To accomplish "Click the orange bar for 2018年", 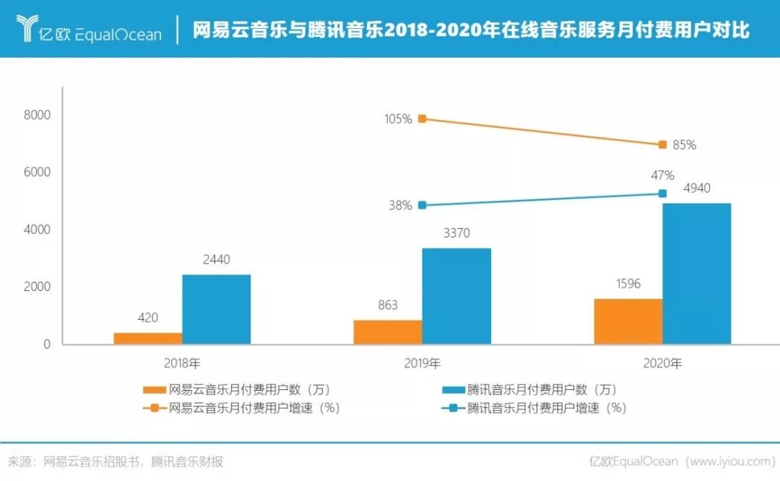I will tap(148, 338).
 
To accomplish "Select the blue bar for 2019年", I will tap(456, 296).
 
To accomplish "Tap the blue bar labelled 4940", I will tap(696, 274).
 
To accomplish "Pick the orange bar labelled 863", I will tap(388, 332).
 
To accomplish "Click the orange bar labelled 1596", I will tap(628, 321).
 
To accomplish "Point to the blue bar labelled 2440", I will tap(216, 309).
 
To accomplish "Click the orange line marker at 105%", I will tap(422, 118).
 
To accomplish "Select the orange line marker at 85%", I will tap(662, 145).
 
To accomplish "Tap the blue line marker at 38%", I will tap(422, 205).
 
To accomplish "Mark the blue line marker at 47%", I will tap(662, 193).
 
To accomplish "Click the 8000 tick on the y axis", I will tap(37, 116).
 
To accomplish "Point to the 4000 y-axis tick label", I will tap(37, 230).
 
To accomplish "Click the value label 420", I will tap(147, 317).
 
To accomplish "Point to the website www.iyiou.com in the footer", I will tap(729, 461).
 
